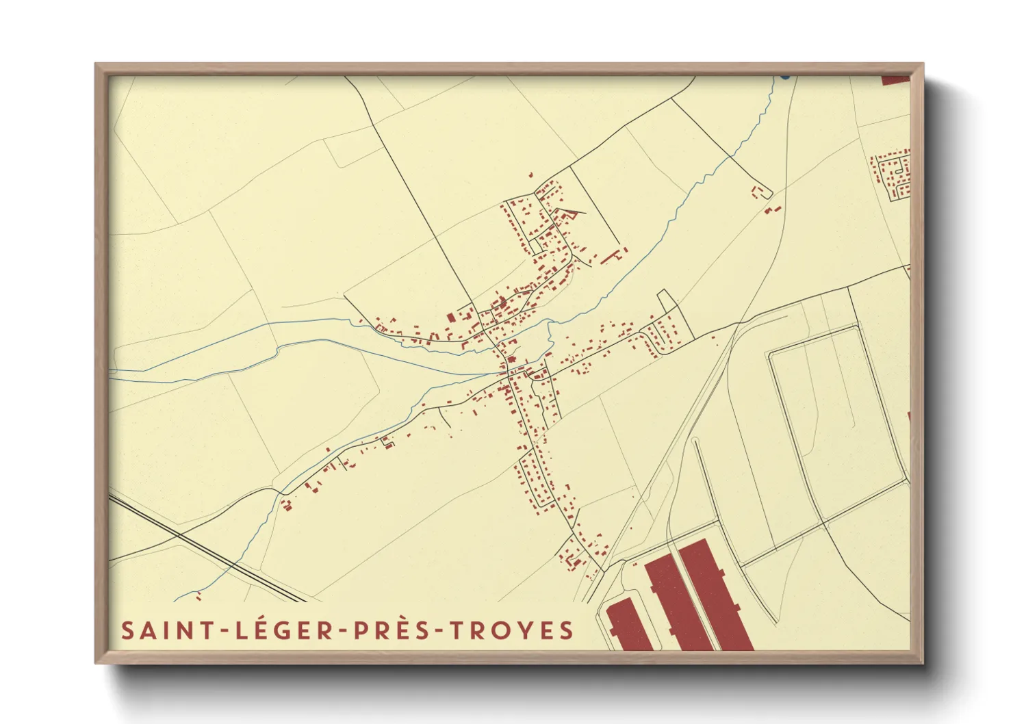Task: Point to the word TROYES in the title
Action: (x=511, y=630)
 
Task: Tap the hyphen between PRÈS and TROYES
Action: (x=441, y=631)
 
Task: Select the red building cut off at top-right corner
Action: (x=895, y=80)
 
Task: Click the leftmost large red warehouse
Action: (x=628, y=626)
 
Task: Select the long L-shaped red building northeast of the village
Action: (x=613, y=256)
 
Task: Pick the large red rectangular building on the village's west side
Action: (x=450, y=318)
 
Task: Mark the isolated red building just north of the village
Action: (x=530, y=175)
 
